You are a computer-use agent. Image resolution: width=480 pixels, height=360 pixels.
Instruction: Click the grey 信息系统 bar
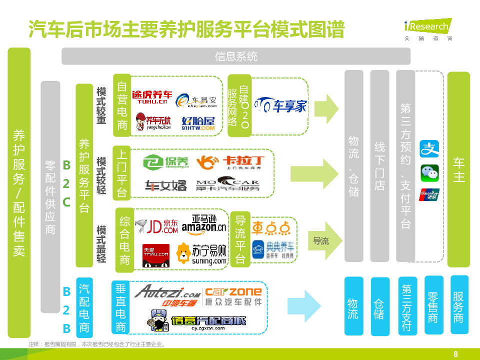point(236,56)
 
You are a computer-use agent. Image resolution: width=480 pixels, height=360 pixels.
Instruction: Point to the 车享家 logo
point(280,105)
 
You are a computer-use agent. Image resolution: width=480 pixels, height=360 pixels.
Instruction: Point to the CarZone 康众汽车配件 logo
point(233,296)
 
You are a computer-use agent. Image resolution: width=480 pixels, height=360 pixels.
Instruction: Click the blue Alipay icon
point(429,149)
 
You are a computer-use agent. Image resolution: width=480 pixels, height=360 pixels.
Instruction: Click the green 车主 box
point(458,170)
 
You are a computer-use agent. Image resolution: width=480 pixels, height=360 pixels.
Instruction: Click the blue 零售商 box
point(433,304)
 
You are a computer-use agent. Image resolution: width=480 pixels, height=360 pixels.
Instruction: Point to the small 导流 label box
point(321,241)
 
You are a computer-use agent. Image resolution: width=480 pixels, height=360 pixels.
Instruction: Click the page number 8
point(455,354)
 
